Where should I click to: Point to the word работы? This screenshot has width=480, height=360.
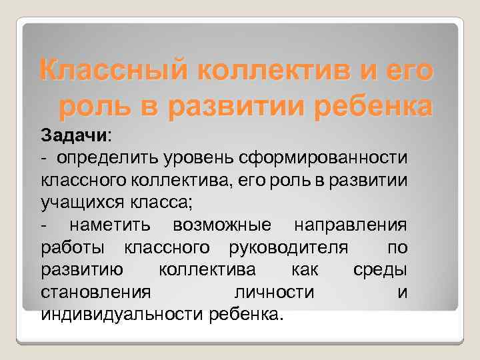click(72, 248)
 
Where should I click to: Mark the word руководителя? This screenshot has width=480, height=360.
click(287, 248)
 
